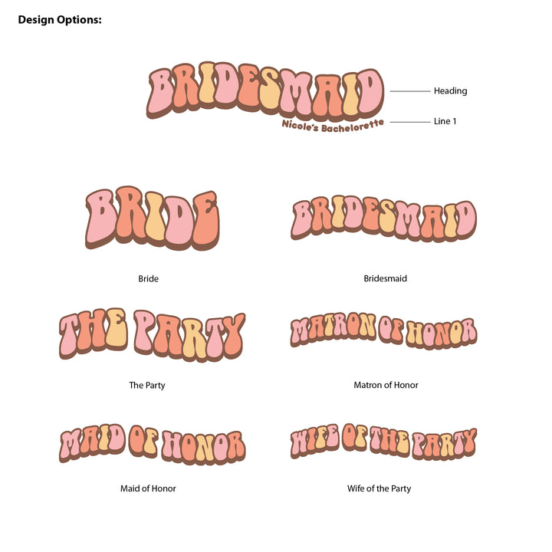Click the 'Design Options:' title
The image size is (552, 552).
click(x=60, y=20)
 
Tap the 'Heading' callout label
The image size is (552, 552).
click(x=450, y=90)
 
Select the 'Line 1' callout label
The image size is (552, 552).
click(x=445, y=121)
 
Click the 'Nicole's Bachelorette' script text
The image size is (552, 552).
click(x=333, y=126)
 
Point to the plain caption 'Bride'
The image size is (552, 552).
click(x=148, y=279)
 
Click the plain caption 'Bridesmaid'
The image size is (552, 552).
click(x=385, y=278)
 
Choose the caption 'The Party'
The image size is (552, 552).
click(x=146, y=385)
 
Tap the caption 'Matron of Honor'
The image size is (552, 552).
click(x=386, y=385)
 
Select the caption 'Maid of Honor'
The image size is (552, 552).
click(x=148, y=488)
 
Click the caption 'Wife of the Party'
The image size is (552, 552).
click(x=379, y=488)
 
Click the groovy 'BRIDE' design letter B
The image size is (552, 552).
click(x=100, y=219)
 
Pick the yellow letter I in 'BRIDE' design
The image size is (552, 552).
click(x=155, y=216)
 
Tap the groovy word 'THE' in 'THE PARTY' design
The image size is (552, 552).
click(x=94, y=333)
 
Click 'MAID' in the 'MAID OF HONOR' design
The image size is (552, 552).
click(x=92, y=442)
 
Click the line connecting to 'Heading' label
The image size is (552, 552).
click(x=409, y=91)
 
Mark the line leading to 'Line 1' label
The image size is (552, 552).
click(x=409, y=122)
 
